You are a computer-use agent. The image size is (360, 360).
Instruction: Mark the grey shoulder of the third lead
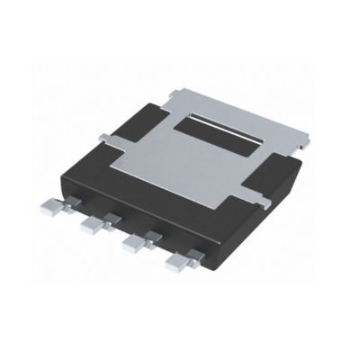point(149,236)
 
